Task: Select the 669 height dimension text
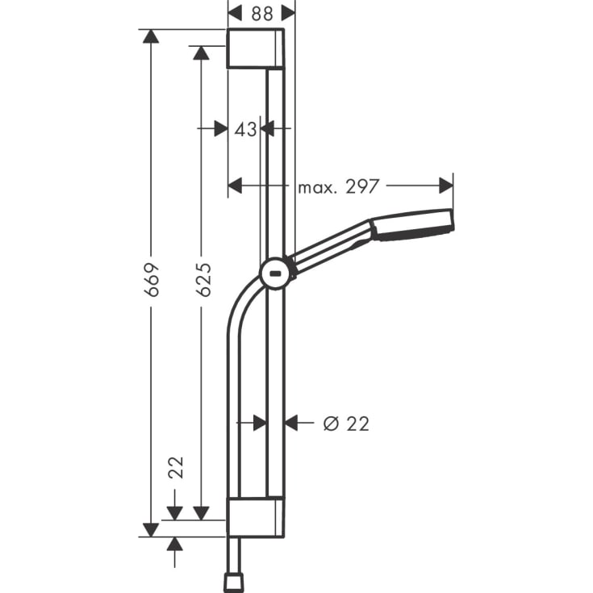(x=151, y=278)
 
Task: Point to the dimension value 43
(x=245, y=128)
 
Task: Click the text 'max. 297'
(x=338, y=186)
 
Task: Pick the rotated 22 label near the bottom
(x=176, y=467)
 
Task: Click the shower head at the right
(x=413, y=224)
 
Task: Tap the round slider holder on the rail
(x=276, y=274)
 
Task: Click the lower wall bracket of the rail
(x=255, y=516)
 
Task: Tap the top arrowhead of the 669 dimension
(x=151, y=36)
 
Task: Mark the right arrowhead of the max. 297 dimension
(x=446, y=186)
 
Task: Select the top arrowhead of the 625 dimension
(x=202, y=52)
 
